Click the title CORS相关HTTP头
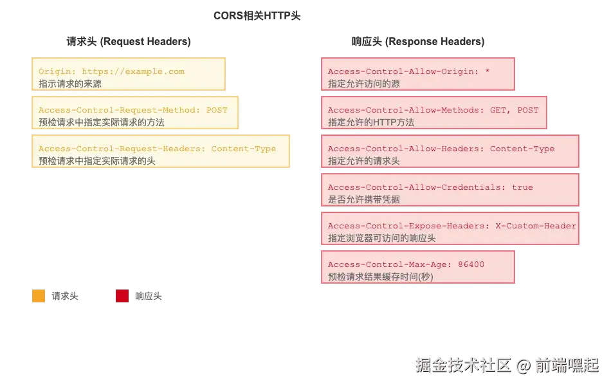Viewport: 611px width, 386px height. click(257, 15)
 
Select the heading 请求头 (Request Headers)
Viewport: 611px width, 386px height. click(129, 41)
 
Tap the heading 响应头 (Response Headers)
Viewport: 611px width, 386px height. click(417, 41)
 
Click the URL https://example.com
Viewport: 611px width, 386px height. click(133, 71)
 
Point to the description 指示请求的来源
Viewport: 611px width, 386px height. click(69, 84)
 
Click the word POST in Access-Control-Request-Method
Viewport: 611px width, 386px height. click(217, 110)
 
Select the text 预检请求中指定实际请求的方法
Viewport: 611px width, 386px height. click(102, 122)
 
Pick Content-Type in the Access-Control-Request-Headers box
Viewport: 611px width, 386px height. click(244, 149)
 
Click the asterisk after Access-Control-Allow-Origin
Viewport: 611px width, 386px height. click(487, 71)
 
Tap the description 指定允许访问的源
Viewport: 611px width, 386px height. click(363, 84)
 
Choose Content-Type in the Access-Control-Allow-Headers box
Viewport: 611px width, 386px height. click(522, 149)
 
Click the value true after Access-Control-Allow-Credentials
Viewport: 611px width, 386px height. click(522, 187)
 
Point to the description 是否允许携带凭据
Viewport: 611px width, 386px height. click(363, 199)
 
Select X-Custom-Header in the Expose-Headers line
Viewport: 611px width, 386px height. click(536, 226)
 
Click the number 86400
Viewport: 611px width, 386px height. click(471, 264)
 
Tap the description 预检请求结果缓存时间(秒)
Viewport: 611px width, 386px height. click(380, 277)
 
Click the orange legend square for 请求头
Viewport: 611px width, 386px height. click(39, 296)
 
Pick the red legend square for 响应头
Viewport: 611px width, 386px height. click(122, 296)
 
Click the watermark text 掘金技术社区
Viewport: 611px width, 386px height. click(463, 365)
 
